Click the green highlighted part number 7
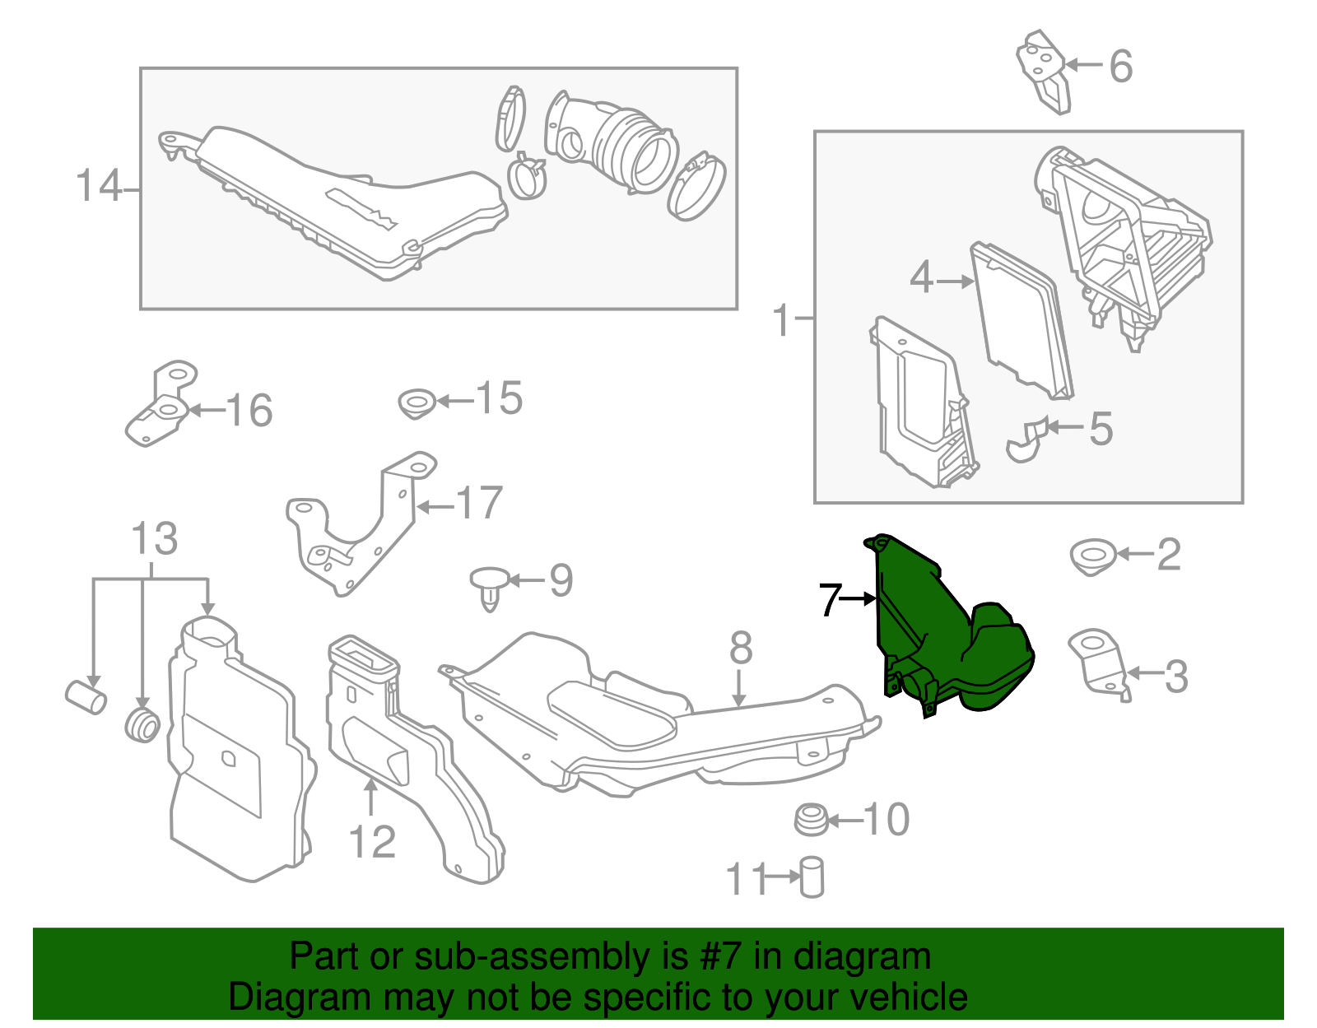pos(947,634)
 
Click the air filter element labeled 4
pos(1021,321)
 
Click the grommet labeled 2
pos(1093,556)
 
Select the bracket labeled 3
pos(1100,663)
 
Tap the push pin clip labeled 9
pos(489,586)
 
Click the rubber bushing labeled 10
pos(811,820)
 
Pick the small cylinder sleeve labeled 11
pos(812,877)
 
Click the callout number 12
pos(372,842)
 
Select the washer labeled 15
pos(417,403)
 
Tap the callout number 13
pos(154,539)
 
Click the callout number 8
pos(740,649)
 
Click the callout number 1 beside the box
pos(782,319)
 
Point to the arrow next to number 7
pos(859,599)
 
